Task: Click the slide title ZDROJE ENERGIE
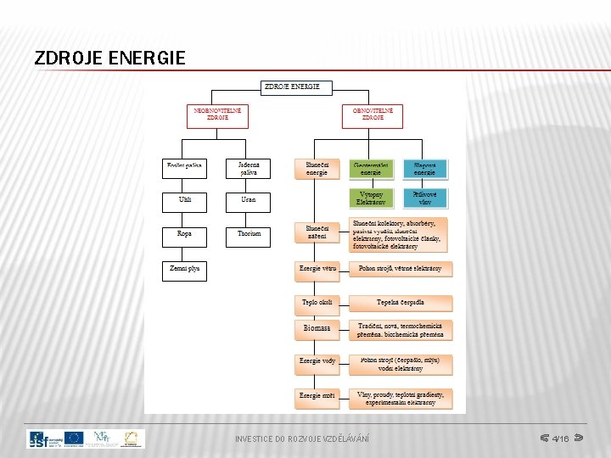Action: pos(109,59)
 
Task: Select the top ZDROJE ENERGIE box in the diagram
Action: pos(296,87)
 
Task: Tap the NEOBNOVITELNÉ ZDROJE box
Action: pos(216,114)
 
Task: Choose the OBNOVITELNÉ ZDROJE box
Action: pos(373,114)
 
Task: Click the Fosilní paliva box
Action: pos(184,168)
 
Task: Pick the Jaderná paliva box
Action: pos(249,168)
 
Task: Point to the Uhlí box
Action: pos(184,200)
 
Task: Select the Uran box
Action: pos(249,200)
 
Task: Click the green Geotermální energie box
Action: pos(372,168)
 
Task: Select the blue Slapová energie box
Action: pos(425,168)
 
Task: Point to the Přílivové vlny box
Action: pos(425,198)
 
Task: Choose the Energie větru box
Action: pos(317,269)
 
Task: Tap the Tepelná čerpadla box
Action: pos(401,303)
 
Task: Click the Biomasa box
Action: pos(317,327)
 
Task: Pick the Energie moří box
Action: pos(317,396)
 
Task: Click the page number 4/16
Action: pos(560,438)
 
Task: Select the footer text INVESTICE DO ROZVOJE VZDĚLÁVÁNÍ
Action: pos(302,438)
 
